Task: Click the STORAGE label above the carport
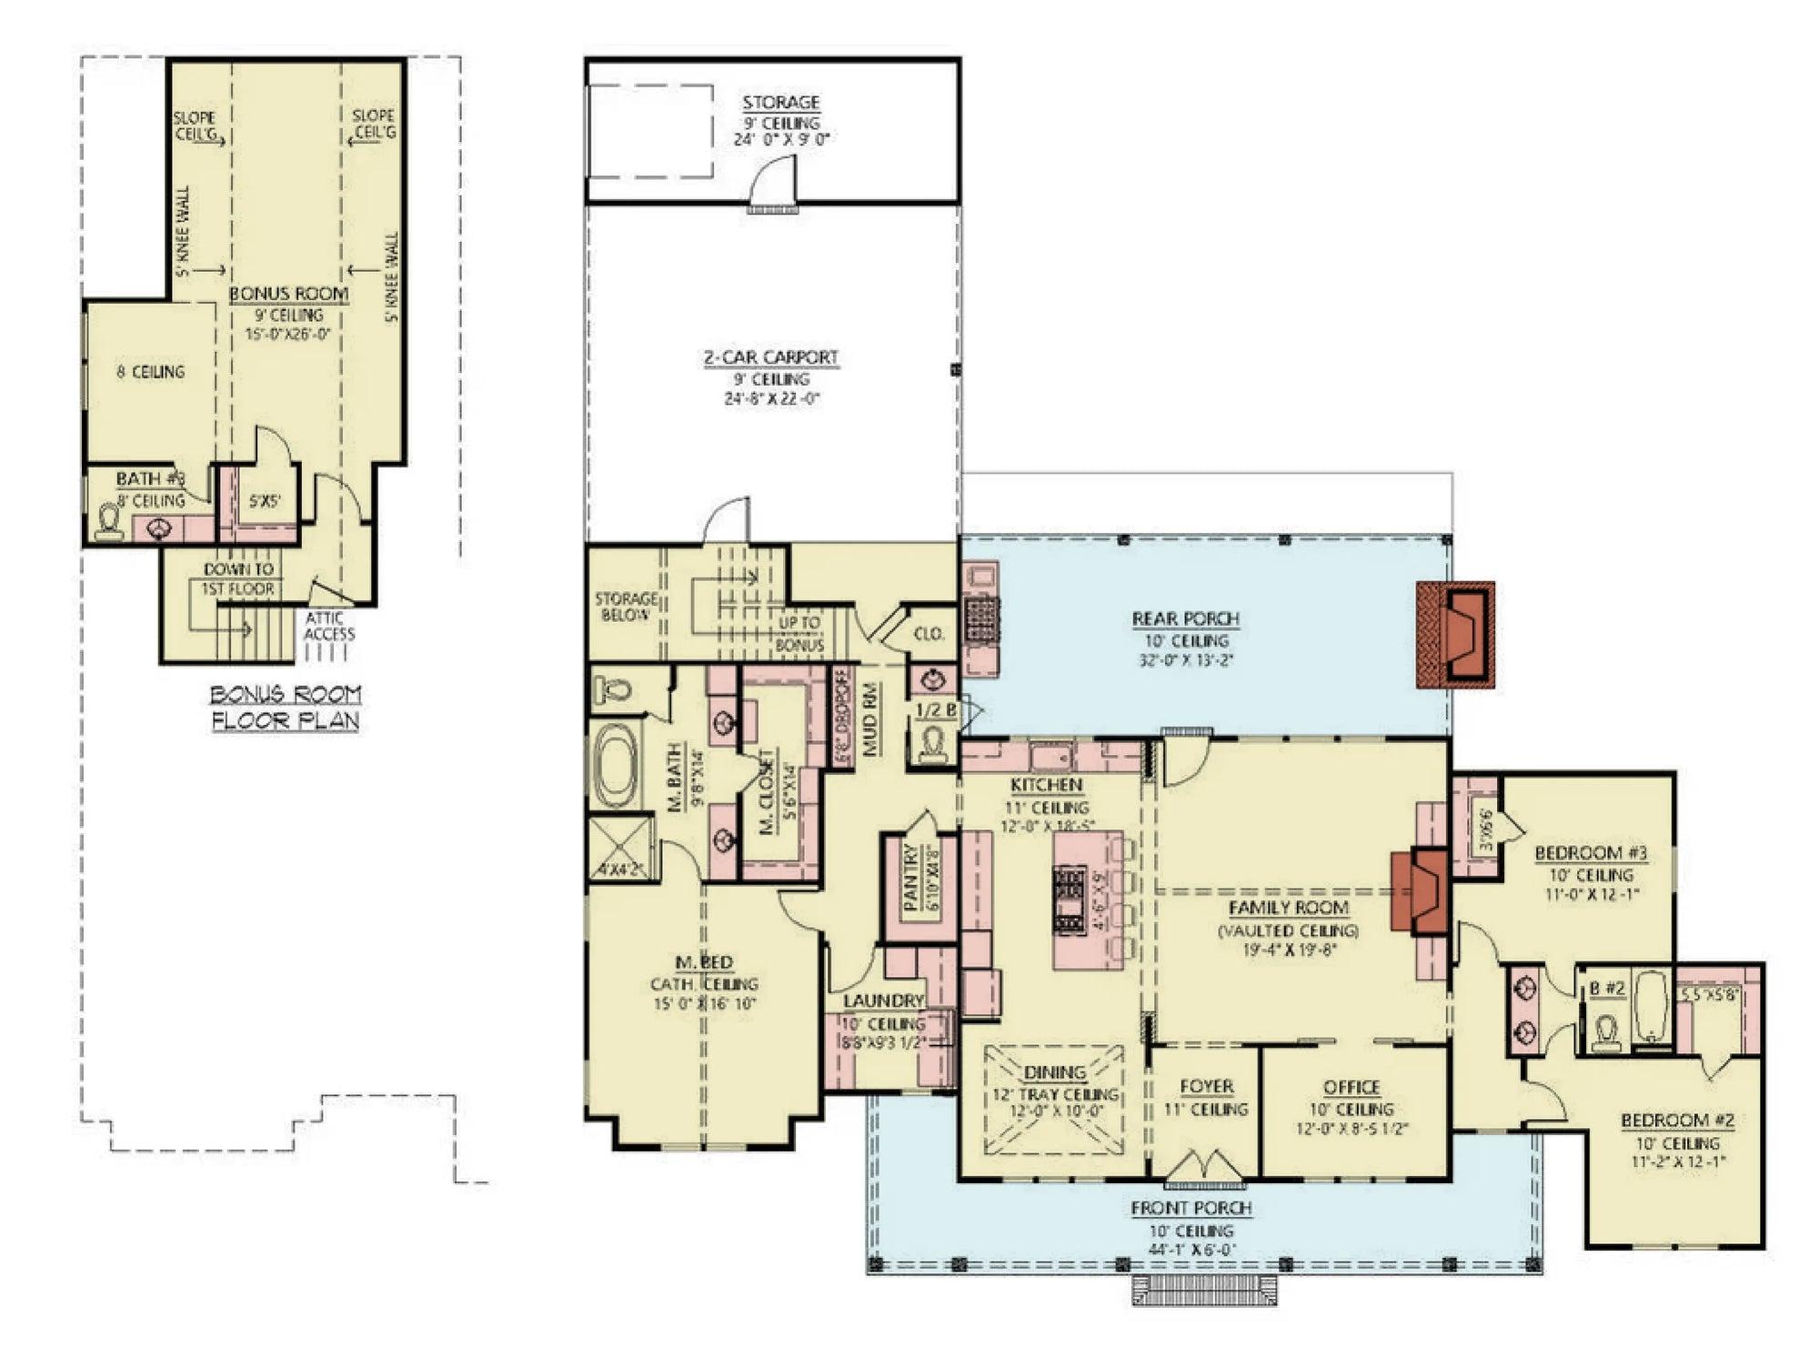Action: pos(780,103)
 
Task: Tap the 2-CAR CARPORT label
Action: pos(770,357)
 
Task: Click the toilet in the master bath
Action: pos(614,690)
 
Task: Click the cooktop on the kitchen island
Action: pos(1070,900)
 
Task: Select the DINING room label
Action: pos(1055,1073)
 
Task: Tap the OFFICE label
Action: pos(1352,1088)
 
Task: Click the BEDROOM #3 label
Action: pos(1591,853)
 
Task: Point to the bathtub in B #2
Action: pos(1650,1008)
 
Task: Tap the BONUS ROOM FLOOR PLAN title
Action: pos(286,708)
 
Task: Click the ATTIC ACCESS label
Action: pos(328,626)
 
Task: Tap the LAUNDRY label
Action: pos(882,1000)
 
